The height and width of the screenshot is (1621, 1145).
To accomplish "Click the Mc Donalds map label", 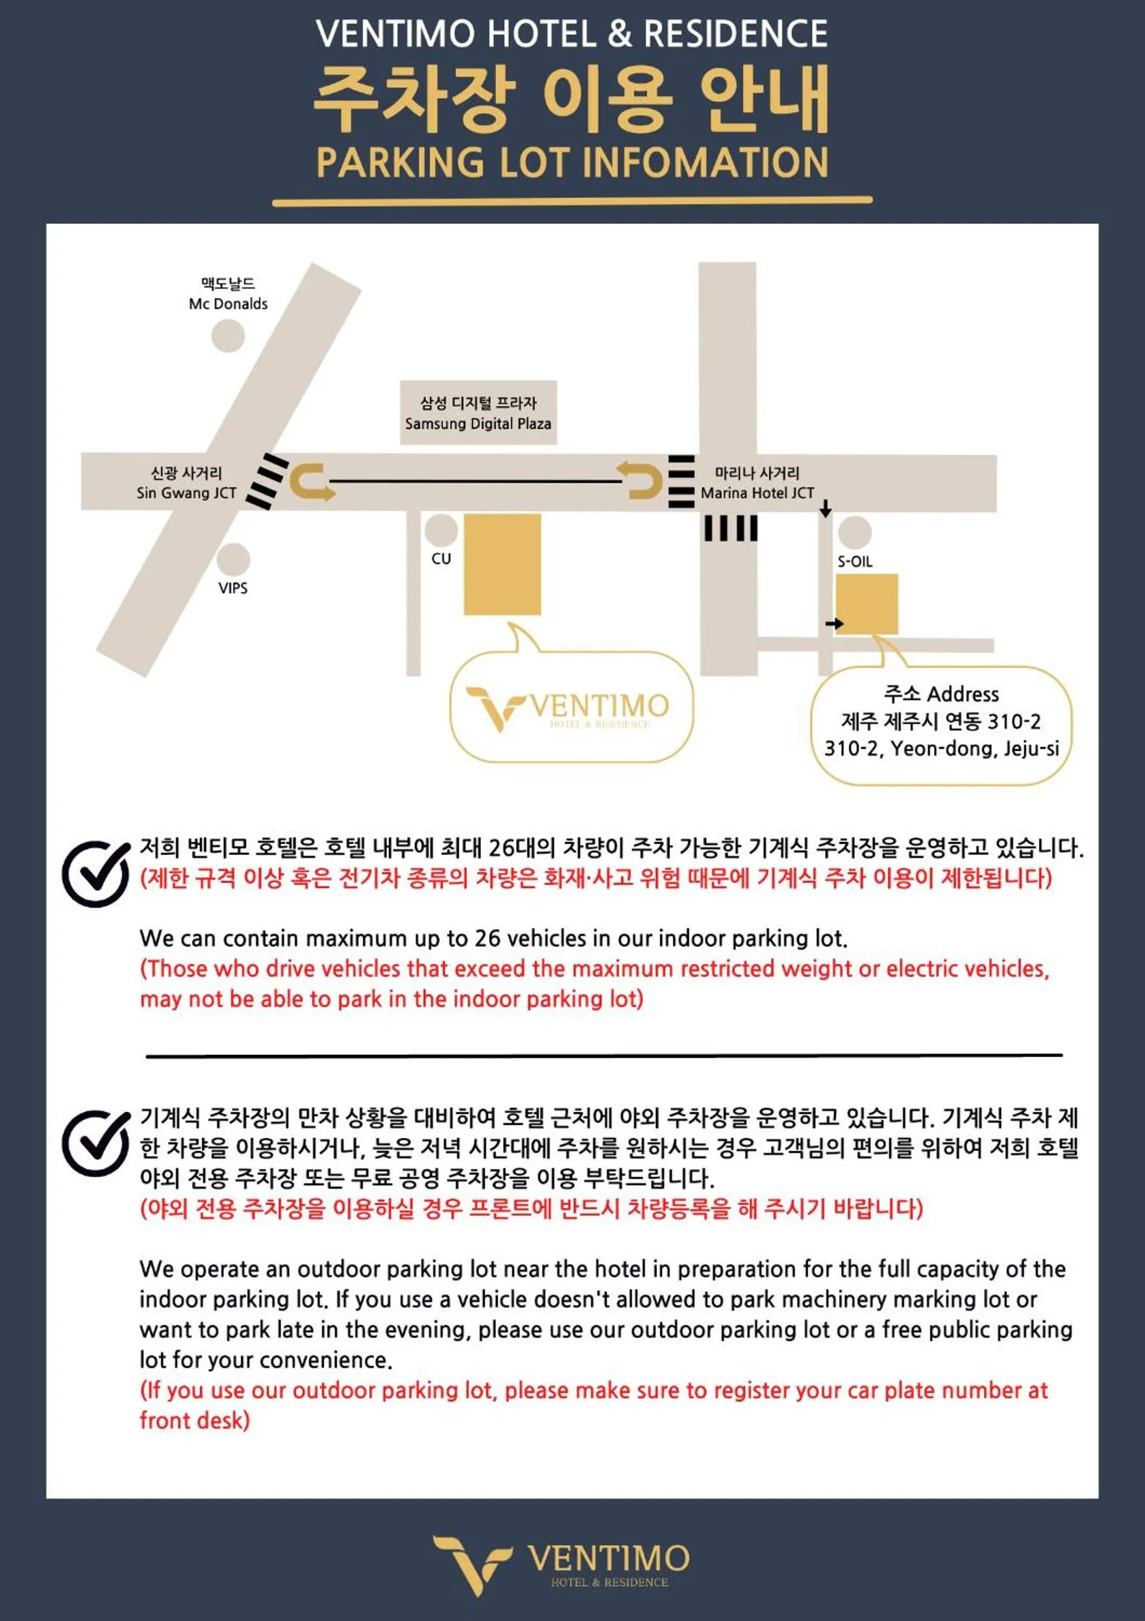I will [228, 303].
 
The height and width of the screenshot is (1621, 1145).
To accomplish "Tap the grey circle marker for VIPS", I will [232, 558].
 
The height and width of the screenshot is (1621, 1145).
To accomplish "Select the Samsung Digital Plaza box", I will [478, 412].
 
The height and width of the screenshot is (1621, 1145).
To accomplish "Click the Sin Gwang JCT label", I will [186, 492].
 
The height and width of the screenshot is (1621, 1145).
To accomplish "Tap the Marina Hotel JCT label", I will [757, 492].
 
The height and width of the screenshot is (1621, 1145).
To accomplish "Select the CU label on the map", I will [440, 558].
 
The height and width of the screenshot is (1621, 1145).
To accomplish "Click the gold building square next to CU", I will [502, 564].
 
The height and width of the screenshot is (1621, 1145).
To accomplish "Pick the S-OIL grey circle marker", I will [855, 532].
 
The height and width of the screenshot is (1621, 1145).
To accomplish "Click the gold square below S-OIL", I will [866, 604].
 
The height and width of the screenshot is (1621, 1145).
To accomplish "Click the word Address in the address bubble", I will [962, 694].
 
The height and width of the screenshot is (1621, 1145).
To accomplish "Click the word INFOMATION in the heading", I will [705, 162].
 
